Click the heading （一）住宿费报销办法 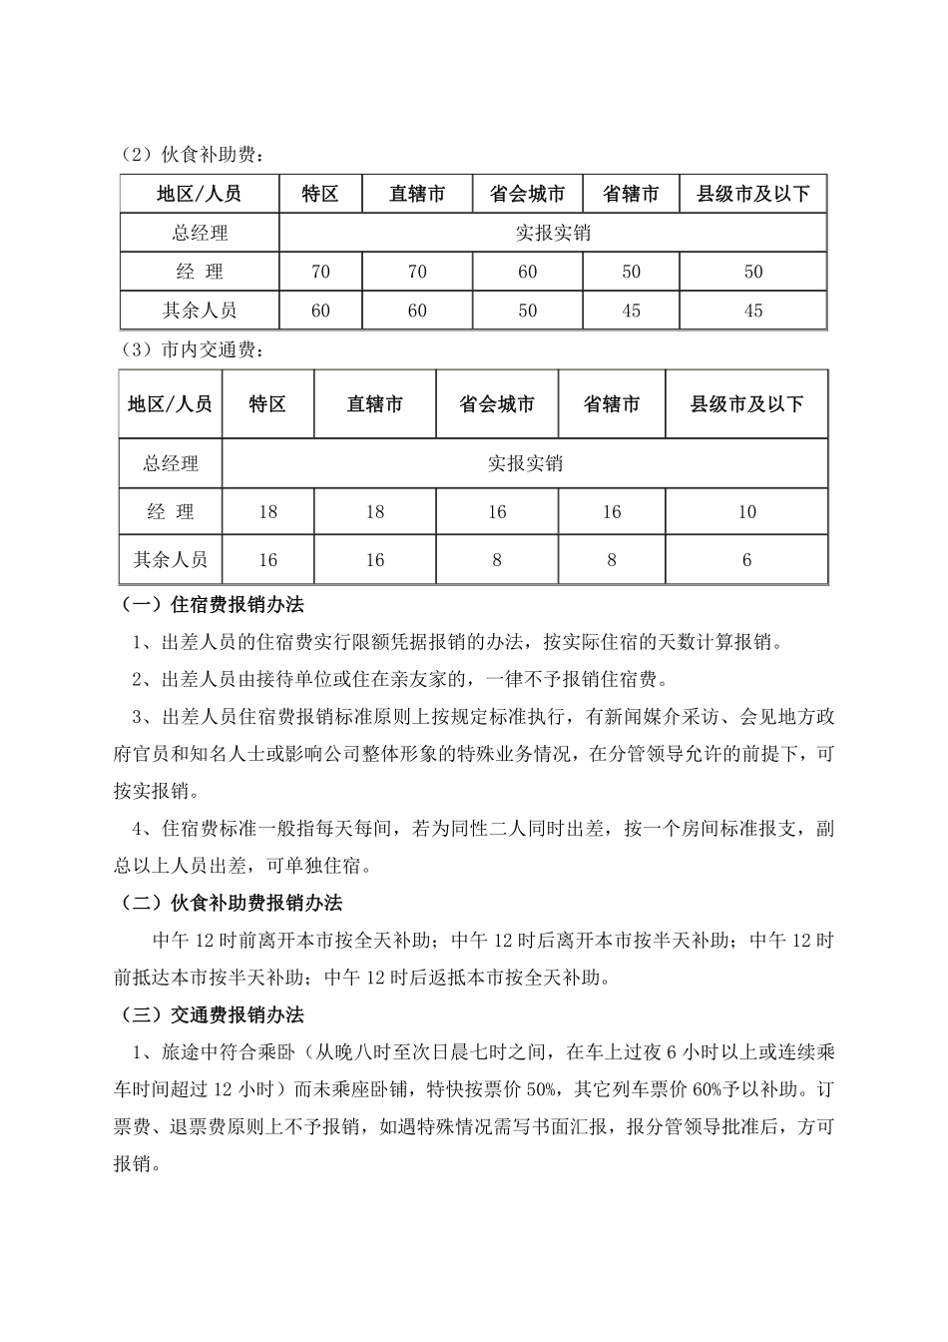coord(212,605)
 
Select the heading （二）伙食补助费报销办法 coord(231,903)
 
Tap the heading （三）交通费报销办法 coord(212,1015)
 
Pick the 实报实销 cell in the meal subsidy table coord(553,233)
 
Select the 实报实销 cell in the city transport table coord(525,463)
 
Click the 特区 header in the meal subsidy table coord(320,194)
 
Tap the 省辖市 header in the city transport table coord(612,404)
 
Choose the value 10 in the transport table coord(746,512)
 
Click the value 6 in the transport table coord(746,560)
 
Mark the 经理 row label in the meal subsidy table coord(200,272)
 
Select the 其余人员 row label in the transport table coord(171,560)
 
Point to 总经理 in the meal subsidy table coord(200,233)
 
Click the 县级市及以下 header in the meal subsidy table coord(752,194)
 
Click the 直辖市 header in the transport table coord(375,404)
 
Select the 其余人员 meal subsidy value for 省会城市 coord(527,311)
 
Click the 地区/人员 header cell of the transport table coord(171,404)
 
